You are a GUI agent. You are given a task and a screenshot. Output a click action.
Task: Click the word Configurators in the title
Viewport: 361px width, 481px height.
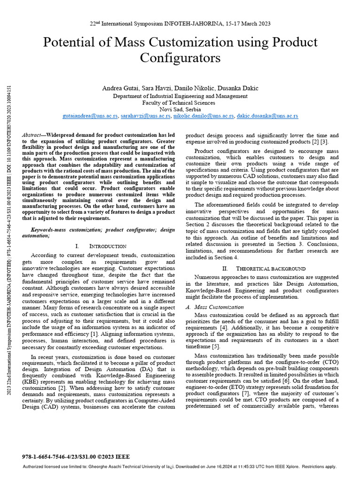(x=180, y=58)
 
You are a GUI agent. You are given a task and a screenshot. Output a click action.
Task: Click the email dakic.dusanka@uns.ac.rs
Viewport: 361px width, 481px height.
(x=267, y=116)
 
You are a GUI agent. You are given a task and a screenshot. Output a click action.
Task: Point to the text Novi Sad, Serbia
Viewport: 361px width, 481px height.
(x=180, y=109)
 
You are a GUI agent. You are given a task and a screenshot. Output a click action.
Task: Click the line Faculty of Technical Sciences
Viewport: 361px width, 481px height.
(x=180, y=102)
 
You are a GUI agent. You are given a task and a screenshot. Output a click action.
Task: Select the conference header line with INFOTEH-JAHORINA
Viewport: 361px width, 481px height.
(x=180, y=23)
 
